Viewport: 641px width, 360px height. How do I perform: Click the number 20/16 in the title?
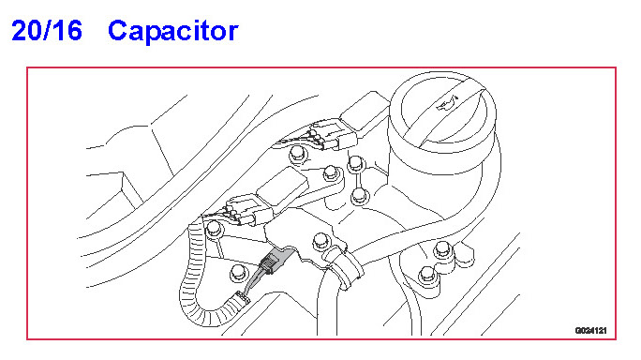point(47,30)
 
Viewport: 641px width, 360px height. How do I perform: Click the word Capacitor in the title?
point(173,31)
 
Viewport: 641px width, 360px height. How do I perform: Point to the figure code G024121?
point(590,331)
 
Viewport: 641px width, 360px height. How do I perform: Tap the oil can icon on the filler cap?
point(448,103)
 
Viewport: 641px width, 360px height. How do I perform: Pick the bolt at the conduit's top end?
point(214,228)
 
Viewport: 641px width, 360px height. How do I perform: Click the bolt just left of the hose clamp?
point(320,241)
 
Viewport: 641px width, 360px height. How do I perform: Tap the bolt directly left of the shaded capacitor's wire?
point(238,272)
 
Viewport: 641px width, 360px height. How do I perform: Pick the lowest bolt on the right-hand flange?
point(426,275)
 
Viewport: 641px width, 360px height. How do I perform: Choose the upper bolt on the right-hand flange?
point(442,249)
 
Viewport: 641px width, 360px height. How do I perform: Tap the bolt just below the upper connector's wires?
point(298,155)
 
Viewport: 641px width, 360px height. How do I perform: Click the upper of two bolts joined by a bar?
point(356,164)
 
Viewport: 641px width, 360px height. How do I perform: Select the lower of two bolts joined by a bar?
point(359,196)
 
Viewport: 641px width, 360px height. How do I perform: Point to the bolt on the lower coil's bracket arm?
point(331,173)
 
